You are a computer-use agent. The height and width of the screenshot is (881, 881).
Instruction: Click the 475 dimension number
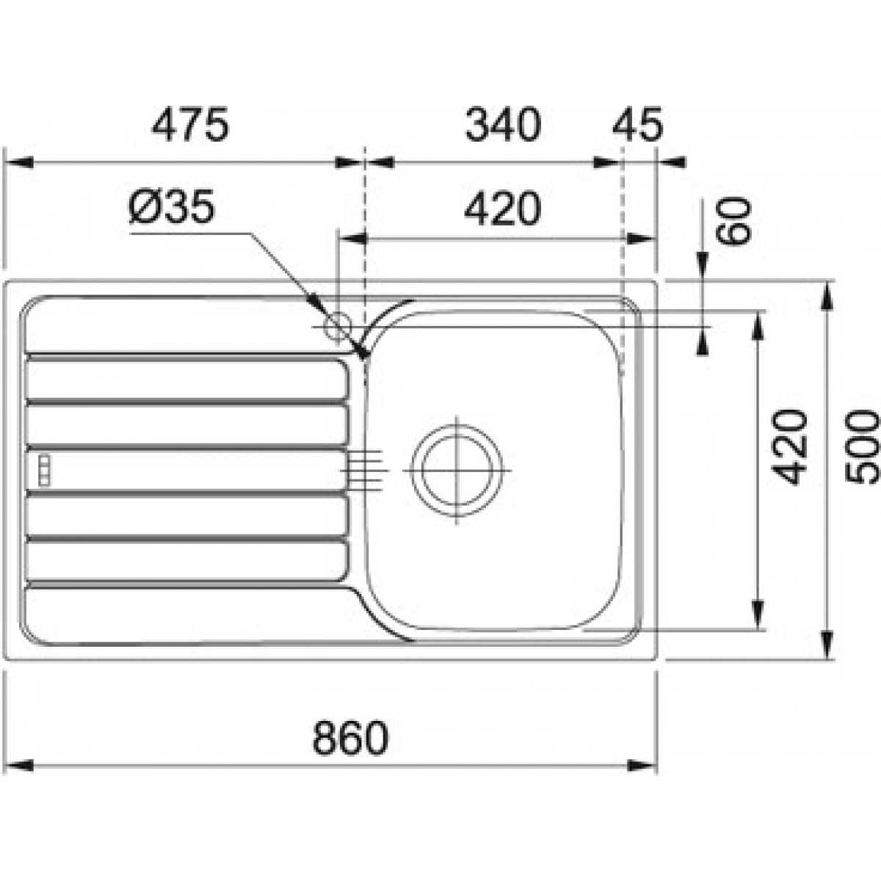click(x=189, y=124)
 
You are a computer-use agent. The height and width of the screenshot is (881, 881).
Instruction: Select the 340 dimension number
click(x=503, y=124)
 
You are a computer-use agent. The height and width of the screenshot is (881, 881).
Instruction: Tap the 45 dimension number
click(x=638, y=124)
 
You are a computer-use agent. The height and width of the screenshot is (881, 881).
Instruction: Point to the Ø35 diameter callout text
click(x=171, y=206)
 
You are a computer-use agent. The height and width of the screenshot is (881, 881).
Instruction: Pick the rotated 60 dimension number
click(x=733, y=221)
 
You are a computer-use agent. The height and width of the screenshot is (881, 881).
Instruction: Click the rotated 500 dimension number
click(x=862, y=446)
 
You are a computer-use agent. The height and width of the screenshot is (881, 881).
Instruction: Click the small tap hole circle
click(x=338, y=327)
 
